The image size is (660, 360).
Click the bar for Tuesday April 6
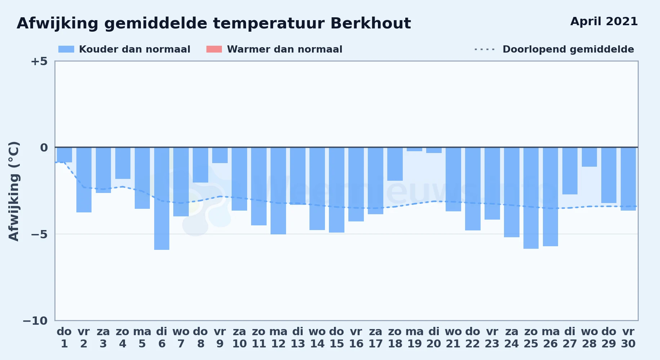(162, 198)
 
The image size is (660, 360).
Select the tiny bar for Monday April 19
(415, 149)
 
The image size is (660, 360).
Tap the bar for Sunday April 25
(531, 198)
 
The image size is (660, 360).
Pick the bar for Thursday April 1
(64, 155)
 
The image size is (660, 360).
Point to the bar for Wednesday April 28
(589, 157)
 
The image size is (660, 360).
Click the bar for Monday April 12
(278, 191)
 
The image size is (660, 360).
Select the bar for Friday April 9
(220, 155)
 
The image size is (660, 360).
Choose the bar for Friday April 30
(628, 179)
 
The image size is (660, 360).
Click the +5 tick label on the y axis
(39, 61)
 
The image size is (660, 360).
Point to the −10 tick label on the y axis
(35, 321)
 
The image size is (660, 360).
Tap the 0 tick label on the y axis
(44, 148)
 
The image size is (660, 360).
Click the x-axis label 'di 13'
(298, 338)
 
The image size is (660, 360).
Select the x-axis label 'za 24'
(512, 338)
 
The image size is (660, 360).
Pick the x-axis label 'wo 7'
(181, 338)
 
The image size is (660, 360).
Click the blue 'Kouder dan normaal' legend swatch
(66, 49)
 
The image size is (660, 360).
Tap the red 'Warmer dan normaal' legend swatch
(214, 49)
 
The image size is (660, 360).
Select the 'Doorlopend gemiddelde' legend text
(568, 49)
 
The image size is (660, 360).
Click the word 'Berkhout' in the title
(371, 23)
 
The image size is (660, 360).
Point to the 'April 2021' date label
(604, 21)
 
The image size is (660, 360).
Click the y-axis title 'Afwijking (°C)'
(14, 191)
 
